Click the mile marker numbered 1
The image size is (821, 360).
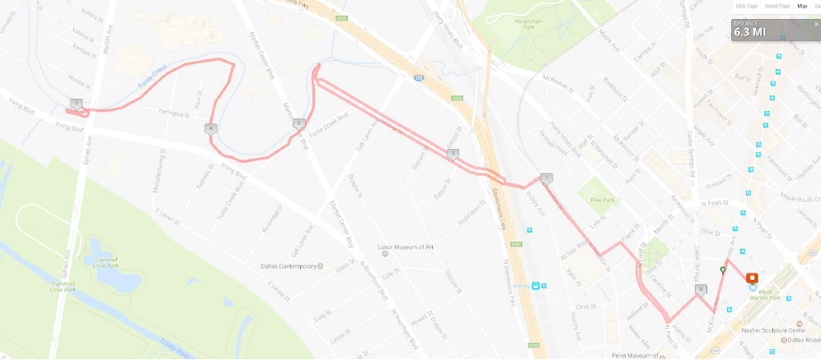point(547,178)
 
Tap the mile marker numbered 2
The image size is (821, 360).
point(298,124)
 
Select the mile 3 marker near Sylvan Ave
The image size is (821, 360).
point(76,104)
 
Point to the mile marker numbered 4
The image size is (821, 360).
point(212,129)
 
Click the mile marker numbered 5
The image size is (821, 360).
point(453,153)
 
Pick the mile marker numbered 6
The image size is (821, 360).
point(701,289)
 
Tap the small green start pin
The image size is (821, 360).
point(723,269)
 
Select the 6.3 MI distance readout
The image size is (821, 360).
point(749,32)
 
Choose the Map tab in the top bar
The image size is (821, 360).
point(802,6)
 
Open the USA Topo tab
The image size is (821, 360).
point(747,6)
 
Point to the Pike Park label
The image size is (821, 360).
point(603,199)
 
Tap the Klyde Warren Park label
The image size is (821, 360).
point(764,292)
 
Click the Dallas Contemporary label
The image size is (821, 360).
point(285,266)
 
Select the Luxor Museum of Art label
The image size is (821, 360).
point(406,247)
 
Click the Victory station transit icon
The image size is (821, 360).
point(537,286)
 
